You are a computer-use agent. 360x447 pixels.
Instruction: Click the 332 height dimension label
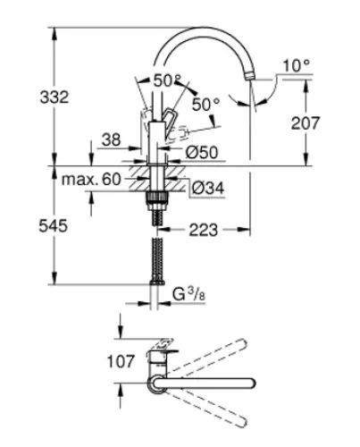pyautogui.click(x=54, y=97)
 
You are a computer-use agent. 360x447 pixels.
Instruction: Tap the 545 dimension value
pyautogui.click(x=54, y=225)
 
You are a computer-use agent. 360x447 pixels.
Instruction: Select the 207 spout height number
pyautogui.click(x=305, y=122)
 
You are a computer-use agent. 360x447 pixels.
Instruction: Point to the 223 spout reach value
pyautogui.click(x=204, y=230)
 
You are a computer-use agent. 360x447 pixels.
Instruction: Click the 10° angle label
pyautogui.click(x=297, y=65)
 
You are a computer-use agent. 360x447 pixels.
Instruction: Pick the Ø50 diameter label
pyautogui.click(x=202, y=153)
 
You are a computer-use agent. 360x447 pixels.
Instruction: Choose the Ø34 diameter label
pyautogui.click(x=208, y=188)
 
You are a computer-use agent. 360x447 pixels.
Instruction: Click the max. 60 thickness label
pyautogui.click(x=91, y=180)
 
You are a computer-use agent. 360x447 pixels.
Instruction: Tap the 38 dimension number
pyautogui.click(x=112, y=139)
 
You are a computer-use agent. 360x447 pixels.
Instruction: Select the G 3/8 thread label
pyautogui.click(x=189, y=295)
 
